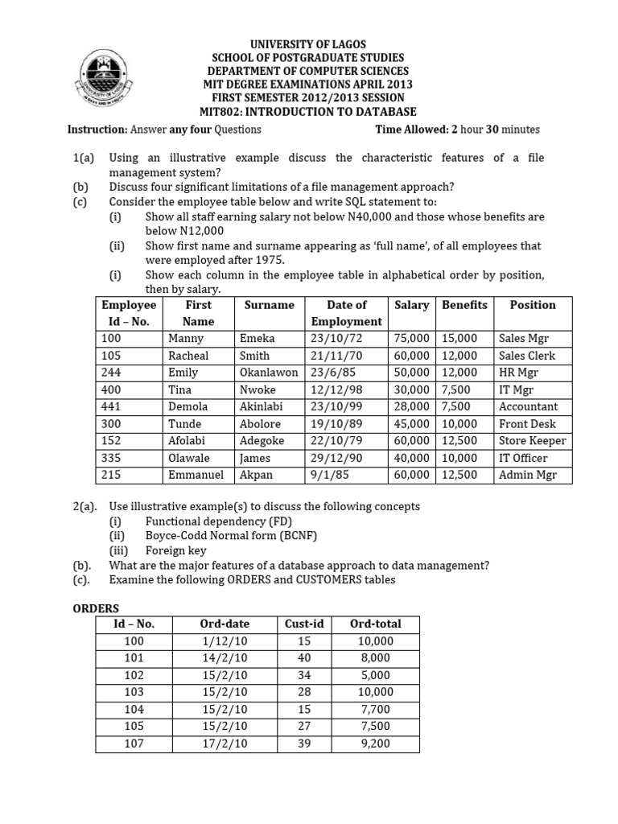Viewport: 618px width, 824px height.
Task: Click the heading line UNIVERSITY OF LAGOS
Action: tap(309, 44)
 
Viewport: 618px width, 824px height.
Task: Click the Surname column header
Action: tap(269, 305)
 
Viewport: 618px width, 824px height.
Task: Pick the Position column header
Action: tap(532, 305)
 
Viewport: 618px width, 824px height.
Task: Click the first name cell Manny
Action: tap(186, 339)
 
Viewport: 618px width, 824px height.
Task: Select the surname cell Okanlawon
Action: tap(269, 373)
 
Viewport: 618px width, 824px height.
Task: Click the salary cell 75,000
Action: tap(412, 339)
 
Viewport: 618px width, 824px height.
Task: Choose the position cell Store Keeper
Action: tap(532, 440)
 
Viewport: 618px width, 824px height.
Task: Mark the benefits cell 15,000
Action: tap(459, 339)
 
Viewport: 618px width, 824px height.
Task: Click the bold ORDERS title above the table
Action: tap(96, 608)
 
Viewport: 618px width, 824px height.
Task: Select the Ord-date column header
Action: tap(225, 624)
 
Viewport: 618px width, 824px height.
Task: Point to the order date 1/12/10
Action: tap(225, 641)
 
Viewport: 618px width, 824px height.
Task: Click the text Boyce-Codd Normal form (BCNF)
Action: tap(225, 535)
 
